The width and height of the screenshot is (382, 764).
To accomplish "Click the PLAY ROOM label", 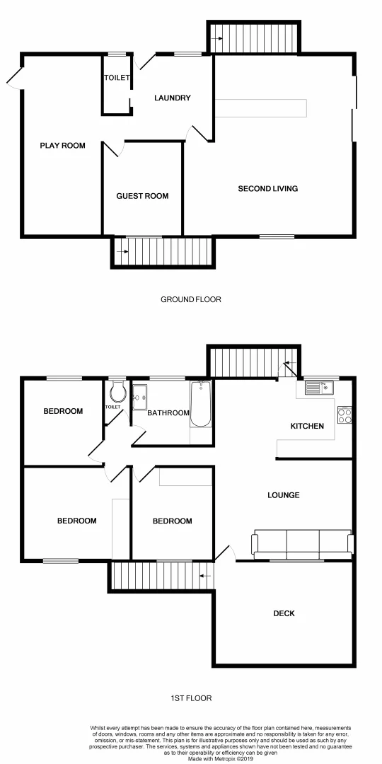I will coord(62,146).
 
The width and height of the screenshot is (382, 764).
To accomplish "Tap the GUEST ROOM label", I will coord(142,196).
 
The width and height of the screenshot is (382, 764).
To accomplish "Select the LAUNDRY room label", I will coord(173,98).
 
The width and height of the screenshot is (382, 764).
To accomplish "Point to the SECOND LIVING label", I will coord(267,189).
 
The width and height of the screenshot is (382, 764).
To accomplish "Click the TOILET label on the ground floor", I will coord(117,78).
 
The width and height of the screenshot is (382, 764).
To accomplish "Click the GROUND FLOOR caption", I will coord(190,299).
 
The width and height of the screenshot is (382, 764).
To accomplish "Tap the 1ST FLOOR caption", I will coord(191,698).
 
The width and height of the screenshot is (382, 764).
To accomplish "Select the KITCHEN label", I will coord(308,426).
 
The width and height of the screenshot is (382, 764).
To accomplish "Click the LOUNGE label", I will coord(283,495).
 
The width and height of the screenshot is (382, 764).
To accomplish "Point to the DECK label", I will coord(284,613).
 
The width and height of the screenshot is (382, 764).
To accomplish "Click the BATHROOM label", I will coord(168,413).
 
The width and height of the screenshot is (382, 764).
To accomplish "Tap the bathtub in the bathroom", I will coord(201,405).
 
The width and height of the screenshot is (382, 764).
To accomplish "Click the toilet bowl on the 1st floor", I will coord(118,392).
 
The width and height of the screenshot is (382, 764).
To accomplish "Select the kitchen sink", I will coord(319,388).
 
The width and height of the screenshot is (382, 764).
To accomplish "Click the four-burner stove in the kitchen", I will coord(345,416).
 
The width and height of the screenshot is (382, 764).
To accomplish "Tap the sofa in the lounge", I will coord(302,543).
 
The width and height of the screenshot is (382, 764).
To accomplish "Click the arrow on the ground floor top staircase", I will coord(217,37).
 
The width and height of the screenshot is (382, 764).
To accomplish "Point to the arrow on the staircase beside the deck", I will coord(205,576).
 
